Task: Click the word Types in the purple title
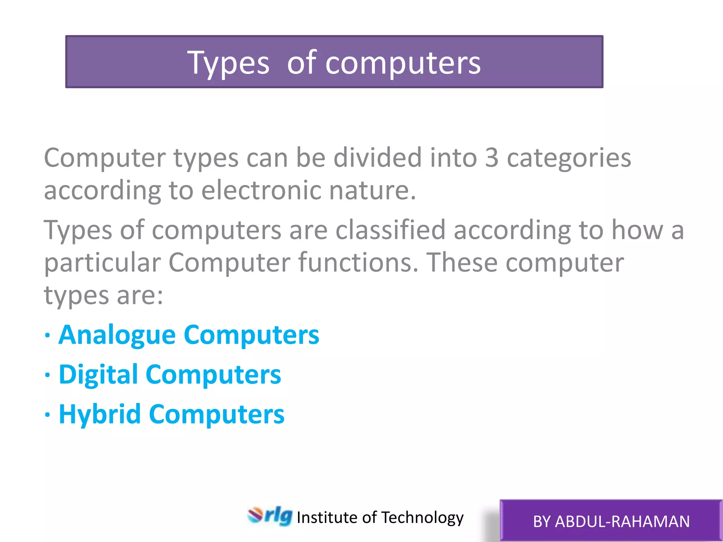pyautogui.click(x=228, y=64)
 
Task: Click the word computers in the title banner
pyautogui.click(x=402, y=64)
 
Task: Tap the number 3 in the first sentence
pyautogui.click(x=491, y=158)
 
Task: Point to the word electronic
pyautogui.click(x=261, y=191)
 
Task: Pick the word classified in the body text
pyautogui.click(x=390, y=230)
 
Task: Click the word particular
pyautogui.click(x=102, y=263)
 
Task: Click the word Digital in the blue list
pyautogui.click(x=98, y=374)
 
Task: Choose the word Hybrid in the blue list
pyautogui.click(x=100, y=414)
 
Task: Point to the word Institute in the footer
pyautogui.click(x=327, y=518)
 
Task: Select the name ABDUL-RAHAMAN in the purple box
pyautogui.click(x=622, y=522)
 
